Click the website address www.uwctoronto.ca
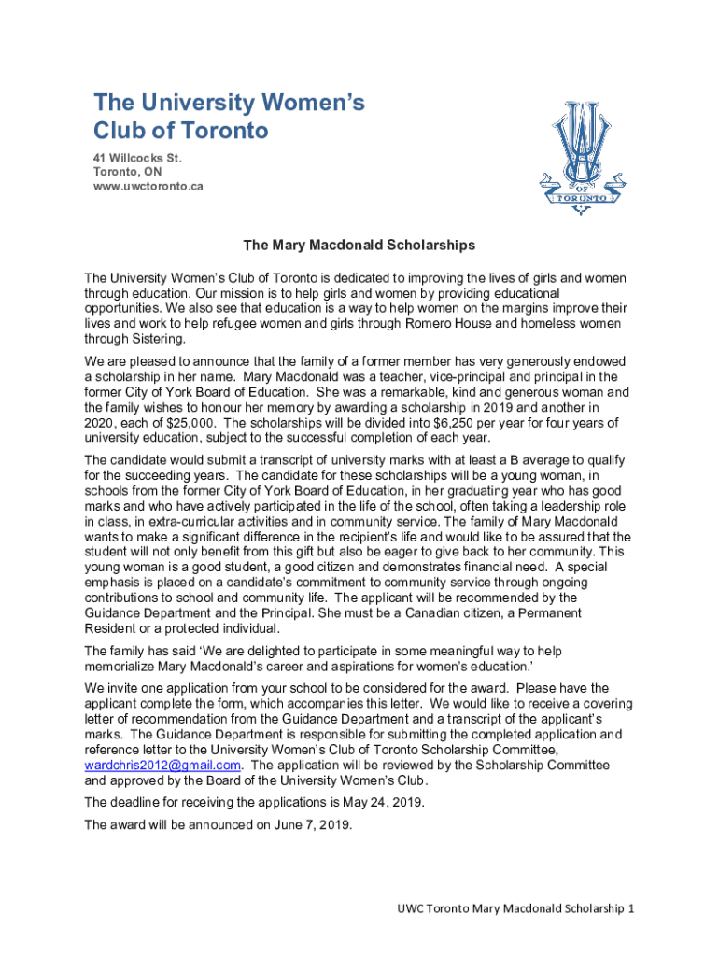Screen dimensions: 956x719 pyautogui.click(x=148, y=187)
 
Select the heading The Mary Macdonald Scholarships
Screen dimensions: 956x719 pyautogui.click(x=359, y=246)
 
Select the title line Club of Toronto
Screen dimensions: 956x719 pyautogui.click(x=181, y=130)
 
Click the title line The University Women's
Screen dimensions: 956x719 pyautogui.click(x=229, y=102)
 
